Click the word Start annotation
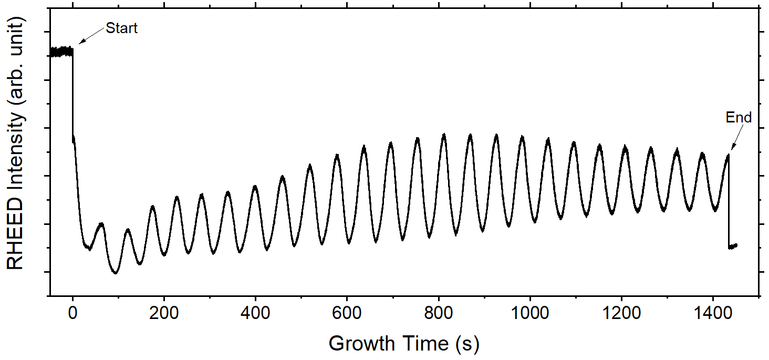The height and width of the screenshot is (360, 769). pos(121,28)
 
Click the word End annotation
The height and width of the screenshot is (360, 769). pos(739,118)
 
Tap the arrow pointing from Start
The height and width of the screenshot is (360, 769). pos(91,36)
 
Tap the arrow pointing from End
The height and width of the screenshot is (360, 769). pos(735,138)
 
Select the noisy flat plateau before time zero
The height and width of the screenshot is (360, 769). pos(61,52)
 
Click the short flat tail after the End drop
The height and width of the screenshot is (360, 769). pos(733,246)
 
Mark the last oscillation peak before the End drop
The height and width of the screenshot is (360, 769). pos(728,156)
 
